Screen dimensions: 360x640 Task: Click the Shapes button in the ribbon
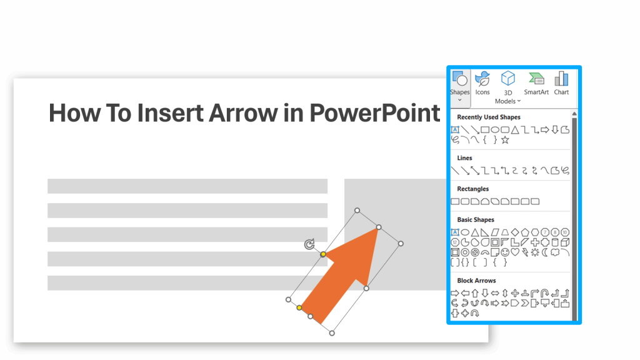tap(459, 84)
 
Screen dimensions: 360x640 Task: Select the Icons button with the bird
tap(482, 83)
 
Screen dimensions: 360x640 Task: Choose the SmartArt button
tap(536, 83)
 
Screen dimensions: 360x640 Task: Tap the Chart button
tap(561, 83)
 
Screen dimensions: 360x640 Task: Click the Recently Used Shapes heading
tap(488, 117)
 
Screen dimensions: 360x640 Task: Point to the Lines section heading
tap(464, 158)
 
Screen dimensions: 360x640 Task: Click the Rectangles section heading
tap(472, 189)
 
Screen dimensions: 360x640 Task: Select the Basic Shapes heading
tap(475, 220)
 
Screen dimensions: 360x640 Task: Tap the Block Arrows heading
tap(476, 281)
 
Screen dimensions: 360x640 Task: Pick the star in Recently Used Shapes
tap(505, 140)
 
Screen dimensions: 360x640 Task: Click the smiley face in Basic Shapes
tap(505, 252)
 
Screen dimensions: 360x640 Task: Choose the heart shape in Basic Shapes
tap(515, 252)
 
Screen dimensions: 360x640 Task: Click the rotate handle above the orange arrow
tap(309, 244)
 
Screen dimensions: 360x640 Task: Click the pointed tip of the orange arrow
tap(377, 229)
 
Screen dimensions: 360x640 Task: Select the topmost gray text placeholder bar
tap(187, 186)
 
